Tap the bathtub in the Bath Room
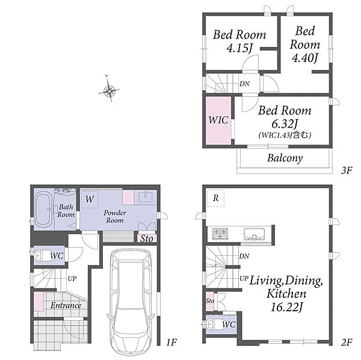click(44, 210)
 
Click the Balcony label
click(285, 158)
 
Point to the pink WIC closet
click(218, 120)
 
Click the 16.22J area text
click(286, 307)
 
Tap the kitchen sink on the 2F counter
click(254, 234)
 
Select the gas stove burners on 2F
click(220, 233)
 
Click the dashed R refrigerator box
click(215, 198)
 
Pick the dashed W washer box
click(90, 199)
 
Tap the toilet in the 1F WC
click(42, 255)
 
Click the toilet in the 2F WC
click(214, 324)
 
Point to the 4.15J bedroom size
click(239, 48)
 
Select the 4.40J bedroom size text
click(305, 58)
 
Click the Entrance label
click(66, 305)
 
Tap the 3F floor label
click(347, 170)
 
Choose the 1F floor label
click(171, 343)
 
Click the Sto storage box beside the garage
click(147, 238)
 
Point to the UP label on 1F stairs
click(72, 279)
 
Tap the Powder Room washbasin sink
click(145, 196)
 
